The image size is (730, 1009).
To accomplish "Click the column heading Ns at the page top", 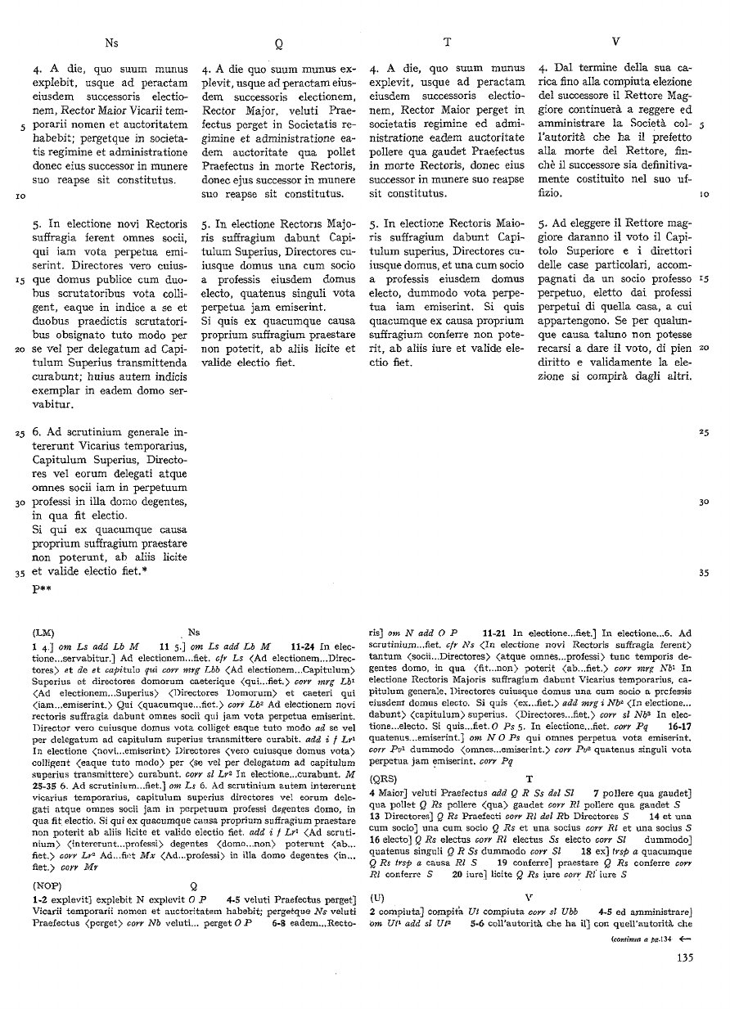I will point(112,40).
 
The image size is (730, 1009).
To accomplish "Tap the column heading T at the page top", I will point(447,41).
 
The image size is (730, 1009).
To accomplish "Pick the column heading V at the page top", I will point(615,40).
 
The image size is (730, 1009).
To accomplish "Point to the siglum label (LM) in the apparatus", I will point(44,633).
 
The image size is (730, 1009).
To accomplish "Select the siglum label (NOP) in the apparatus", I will point(47,885).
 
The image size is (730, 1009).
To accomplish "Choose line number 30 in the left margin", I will point(19,502).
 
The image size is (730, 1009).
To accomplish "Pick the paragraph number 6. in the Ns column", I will point(38,431).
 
